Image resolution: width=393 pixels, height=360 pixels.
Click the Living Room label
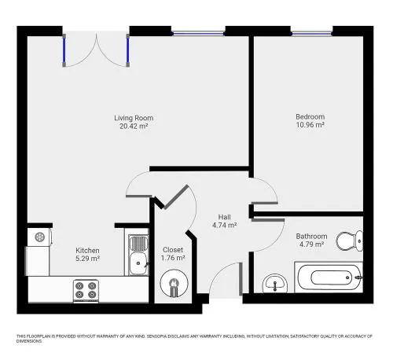134,118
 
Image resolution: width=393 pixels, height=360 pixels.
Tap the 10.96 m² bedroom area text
310,125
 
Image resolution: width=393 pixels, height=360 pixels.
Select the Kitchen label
87,250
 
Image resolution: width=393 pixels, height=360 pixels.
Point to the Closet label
173,250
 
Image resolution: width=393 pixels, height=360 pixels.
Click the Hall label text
225,217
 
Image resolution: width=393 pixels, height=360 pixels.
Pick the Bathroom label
311,236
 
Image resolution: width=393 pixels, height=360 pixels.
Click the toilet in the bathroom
349,241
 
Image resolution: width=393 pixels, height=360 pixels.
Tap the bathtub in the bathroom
329,277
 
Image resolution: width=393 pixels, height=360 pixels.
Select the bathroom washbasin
275,284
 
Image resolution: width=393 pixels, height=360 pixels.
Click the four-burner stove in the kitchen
86,291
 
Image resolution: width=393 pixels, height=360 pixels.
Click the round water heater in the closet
174,283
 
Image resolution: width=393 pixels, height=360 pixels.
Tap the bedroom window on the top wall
311,33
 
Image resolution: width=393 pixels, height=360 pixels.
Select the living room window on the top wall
198,33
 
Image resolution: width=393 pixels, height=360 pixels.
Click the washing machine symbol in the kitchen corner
39,237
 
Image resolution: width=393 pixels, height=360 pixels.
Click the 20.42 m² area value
134,126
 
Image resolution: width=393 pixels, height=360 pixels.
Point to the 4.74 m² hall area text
225,225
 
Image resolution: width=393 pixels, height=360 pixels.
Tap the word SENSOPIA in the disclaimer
156,336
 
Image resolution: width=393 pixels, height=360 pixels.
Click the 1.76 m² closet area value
173,258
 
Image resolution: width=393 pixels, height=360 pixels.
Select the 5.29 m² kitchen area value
87,259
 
